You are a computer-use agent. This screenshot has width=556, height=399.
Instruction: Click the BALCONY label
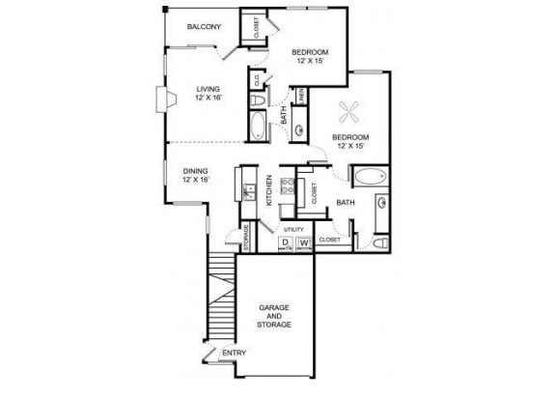205,26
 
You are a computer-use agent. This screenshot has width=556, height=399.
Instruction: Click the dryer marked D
287,242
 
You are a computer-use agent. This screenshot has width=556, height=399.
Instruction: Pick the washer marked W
305,242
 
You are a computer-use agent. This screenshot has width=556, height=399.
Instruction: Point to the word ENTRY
234,353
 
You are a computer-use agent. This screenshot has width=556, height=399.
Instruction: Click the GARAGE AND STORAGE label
275,316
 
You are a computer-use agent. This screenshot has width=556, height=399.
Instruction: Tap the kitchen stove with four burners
286,186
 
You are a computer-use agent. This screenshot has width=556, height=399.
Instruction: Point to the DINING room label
195,174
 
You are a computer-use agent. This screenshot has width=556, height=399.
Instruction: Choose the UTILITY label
293,229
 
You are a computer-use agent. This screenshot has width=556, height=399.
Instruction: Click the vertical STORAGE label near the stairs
247,238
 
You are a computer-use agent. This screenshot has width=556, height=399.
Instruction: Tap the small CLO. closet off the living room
258,81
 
